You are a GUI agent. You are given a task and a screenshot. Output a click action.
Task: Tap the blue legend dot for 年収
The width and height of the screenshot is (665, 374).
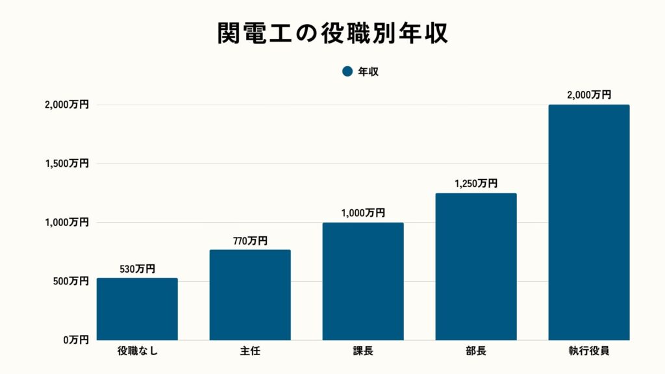[x=347, y=71]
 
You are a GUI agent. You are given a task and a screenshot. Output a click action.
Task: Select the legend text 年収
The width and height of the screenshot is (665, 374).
[x=368, y=71]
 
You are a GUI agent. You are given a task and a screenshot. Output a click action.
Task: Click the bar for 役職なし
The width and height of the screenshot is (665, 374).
[x=137, y=309]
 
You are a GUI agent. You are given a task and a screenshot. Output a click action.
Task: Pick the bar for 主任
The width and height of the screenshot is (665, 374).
[x=250, y=295]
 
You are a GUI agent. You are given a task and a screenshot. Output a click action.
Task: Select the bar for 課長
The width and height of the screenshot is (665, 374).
[x=363, y=281]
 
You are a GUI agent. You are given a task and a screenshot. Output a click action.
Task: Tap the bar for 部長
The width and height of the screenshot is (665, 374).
[x=476, y=266]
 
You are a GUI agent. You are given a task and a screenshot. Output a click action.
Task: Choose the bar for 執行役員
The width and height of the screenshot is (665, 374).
[x=589, y=222]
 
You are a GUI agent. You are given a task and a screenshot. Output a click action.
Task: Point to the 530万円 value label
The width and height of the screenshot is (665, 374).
[x=137, y=269]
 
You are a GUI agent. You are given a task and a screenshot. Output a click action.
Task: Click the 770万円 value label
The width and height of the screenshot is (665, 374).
[x=250, y=241]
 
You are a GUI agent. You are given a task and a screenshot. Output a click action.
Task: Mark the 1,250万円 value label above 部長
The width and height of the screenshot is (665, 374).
[x=476, y=184]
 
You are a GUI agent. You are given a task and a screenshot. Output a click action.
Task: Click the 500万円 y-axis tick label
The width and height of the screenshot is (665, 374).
[x=68, y=281]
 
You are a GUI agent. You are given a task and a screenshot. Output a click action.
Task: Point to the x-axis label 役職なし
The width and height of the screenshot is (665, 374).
[x=137, y=353]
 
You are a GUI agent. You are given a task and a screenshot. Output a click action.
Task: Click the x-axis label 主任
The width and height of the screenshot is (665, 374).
[x=250, y=353]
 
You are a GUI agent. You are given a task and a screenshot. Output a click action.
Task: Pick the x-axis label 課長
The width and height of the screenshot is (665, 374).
[x=363, y=353]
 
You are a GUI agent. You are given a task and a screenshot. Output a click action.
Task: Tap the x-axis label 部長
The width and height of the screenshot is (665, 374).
[x=476, y=353]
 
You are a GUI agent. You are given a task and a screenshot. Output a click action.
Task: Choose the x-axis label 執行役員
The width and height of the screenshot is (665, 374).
[x=589, y=353]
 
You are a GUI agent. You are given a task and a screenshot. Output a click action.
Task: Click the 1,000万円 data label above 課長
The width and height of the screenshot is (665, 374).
[x=363, y=213]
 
